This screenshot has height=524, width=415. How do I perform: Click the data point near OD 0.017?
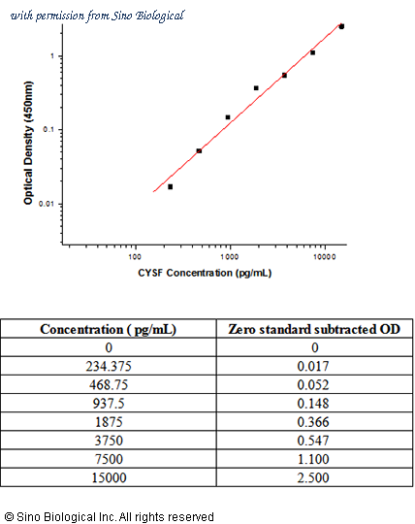[x=171, y=187]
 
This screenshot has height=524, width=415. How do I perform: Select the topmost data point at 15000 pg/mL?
[x=341, y=26]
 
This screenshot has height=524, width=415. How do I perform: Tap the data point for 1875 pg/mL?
[x=256, y=88]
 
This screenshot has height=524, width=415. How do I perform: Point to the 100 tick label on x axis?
[x=135, y=256]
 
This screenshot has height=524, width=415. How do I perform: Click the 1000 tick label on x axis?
[x=230, y=256]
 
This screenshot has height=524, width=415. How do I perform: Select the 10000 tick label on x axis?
[x=325, y=256]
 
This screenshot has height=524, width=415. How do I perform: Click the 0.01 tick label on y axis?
[x=46, y=204]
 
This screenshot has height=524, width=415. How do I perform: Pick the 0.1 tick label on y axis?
[x=48, y=129]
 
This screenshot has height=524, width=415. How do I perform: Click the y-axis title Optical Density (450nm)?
[x=28, y=143]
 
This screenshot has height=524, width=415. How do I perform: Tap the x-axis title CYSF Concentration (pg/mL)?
[x=205, y=273]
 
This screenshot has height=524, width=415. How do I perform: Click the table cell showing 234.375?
[x=109, y=366]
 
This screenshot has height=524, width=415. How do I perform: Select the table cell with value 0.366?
[x=313, y=422]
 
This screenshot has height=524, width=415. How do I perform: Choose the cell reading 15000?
[x=109, y=477]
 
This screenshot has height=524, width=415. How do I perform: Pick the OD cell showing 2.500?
[x=313, y=477]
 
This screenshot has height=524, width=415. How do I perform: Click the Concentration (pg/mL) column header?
[x=109, y=330]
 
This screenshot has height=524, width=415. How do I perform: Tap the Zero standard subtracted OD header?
[x=314, y=330]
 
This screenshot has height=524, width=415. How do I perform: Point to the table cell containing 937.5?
[x=109, y=404]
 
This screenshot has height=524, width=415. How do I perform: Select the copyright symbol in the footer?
[x=10, y=517]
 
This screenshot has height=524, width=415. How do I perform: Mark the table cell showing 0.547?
[x=313, y=441]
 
